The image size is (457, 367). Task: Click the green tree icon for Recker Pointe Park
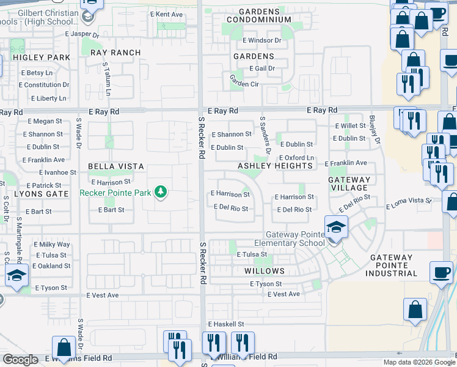click(161, 193)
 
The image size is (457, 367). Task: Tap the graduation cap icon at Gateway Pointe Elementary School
click(335, 228)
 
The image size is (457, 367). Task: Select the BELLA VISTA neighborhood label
click(116, 166)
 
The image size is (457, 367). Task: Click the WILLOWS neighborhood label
click(265, 271)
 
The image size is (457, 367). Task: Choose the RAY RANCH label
click(115, 53)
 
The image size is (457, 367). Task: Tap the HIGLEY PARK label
click(37, 57)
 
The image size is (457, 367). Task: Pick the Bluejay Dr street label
click(373, 129)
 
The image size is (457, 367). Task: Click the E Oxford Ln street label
click(296, 158)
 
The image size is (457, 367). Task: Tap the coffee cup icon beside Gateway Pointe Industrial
click(441, 273)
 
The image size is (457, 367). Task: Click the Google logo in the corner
click(20, 360)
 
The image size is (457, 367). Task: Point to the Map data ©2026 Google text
click(419, 362)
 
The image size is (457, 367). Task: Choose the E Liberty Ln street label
click(43, 98)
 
